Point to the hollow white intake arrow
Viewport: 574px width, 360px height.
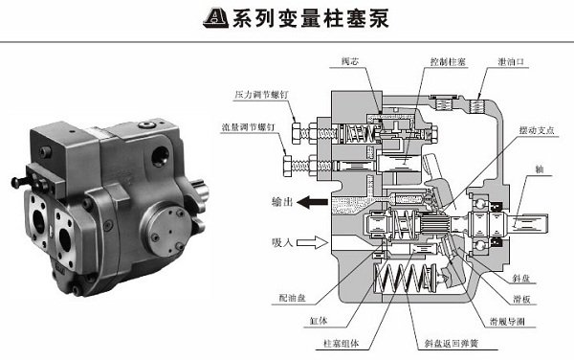point(312,243)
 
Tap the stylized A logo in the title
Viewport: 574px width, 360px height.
point(216,19)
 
